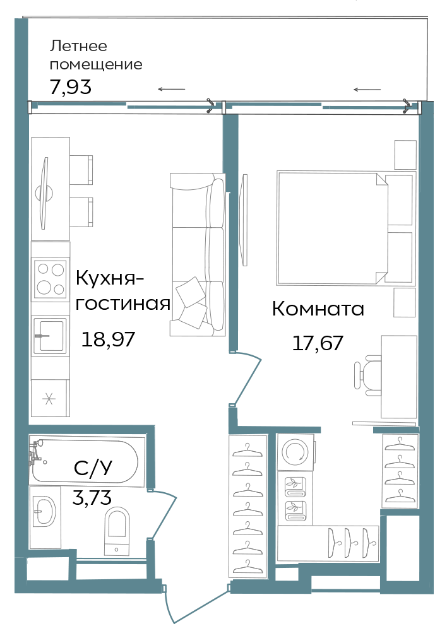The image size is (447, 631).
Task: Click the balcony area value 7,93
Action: click(x=71, y=87)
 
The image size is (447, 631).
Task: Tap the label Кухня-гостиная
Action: click(x=123, y=290)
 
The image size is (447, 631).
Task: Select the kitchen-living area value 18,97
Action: click(x=108, y=339)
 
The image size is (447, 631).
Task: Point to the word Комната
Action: click(x=318, y=309)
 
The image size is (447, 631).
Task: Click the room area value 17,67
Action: click(x=318, y=343)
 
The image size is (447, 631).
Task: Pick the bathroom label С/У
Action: click(x=93, y=468)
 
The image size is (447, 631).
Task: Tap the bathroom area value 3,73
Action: click(x=92, y=498)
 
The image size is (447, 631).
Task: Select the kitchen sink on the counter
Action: click(x=49, y=336)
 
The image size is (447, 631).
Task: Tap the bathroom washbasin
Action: click(x=44, y=512)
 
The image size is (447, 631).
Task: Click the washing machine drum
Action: click(x=295, y=452)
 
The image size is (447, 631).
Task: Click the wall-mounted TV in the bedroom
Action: click(x=243, y=220)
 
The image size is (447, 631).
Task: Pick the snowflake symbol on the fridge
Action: click(x=49, y=399)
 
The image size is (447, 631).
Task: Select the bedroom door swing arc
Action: click(x=246, y=378)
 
